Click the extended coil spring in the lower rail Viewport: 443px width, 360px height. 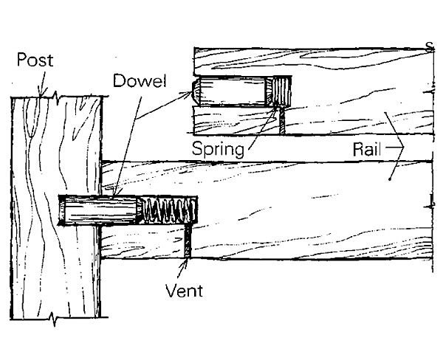[170, 211]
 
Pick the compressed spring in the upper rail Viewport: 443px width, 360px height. [281, 94]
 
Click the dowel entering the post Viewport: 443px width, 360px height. [96, 211]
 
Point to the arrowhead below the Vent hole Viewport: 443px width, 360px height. [188, 260]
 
